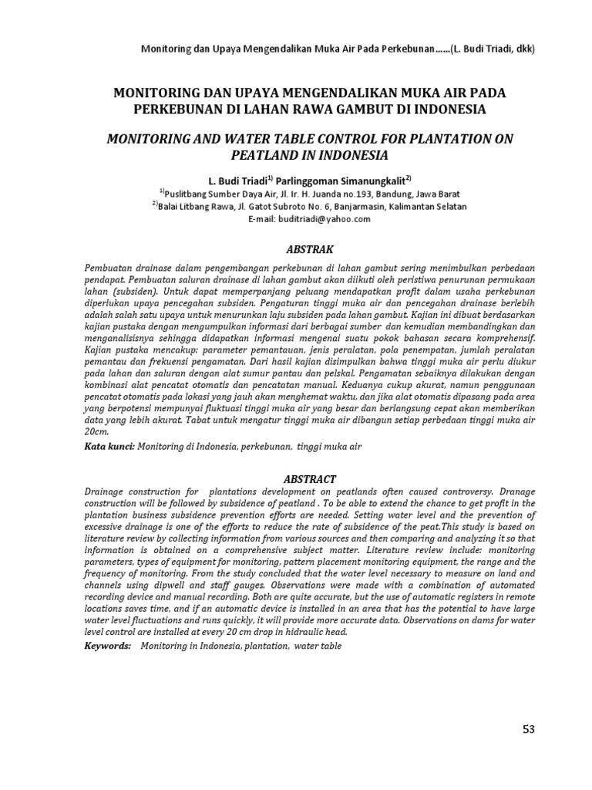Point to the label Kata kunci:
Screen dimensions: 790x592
(x=109, y=446)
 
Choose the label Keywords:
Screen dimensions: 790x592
(x=108, y=644)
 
